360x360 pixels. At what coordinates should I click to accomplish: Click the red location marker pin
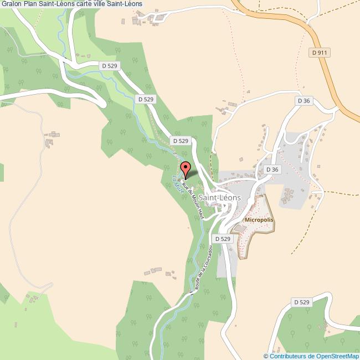pyautogui.click(x=186, y=168)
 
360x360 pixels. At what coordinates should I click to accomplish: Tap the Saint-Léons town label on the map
pyautogui.click(x=220, y=198)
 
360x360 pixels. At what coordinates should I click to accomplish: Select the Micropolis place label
pyautogui.click(x=259, y=219)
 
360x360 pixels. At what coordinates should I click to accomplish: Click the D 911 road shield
pyautogui.click(x=320, y=53)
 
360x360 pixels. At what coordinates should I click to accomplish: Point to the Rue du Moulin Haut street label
pyautogui.click(x=193, y=199)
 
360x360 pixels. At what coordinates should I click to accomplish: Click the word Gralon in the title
pyautogui.click(x=12, y=4)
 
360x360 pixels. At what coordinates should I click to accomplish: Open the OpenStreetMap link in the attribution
pyautogui.click(x=334, y=356)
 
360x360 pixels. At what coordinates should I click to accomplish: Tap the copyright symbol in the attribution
pyautogui.click(x=266, y=356)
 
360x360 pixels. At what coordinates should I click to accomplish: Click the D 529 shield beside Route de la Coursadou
pyautogui.click(x=222, y=239)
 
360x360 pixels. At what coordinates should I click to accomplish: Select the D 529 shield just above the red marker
pyautogui.click(x=181, y=141)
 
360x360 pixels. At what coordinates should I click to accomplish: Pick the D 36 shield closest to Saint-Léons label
pyautogui.click(x=271, y=169)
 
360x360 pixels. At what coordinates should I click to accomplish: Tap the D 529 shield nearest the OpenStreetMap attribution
pyautogui.click(x=301, y=302)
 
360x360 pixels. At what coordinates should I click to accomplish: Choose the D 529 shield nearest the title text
pyautogui.click(x=110, y=65)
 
